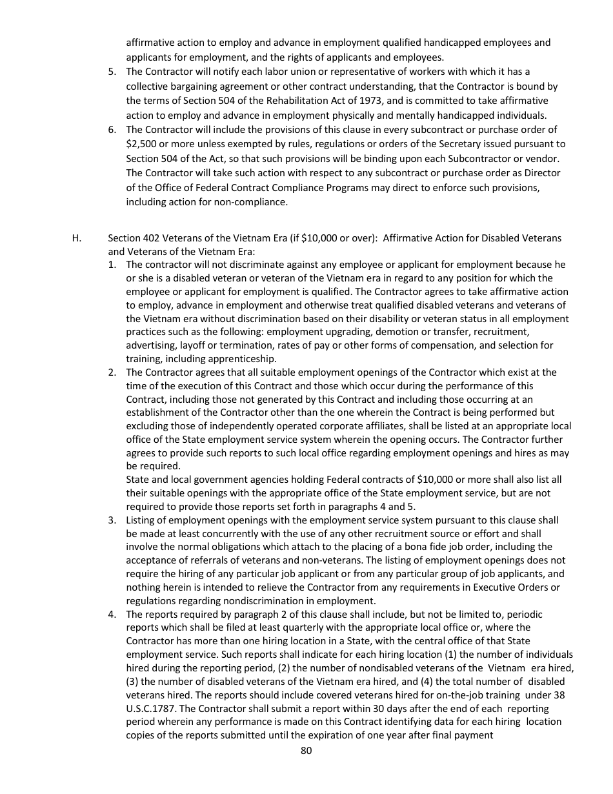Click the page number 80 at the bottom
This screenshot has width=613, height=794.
[306, 750]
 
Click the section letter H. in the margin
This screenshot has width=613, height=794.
[77, 238]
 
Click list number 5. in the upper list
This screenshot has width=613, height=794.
[112, 72]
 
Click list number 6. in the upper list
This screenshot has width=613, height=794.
[112, 130]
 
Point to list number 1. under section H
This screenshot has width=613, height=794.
[112, 265]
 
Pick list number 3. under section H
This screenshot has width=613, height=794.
[112, 520]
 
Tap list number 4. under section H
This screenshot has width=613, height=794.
[112, 614]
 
